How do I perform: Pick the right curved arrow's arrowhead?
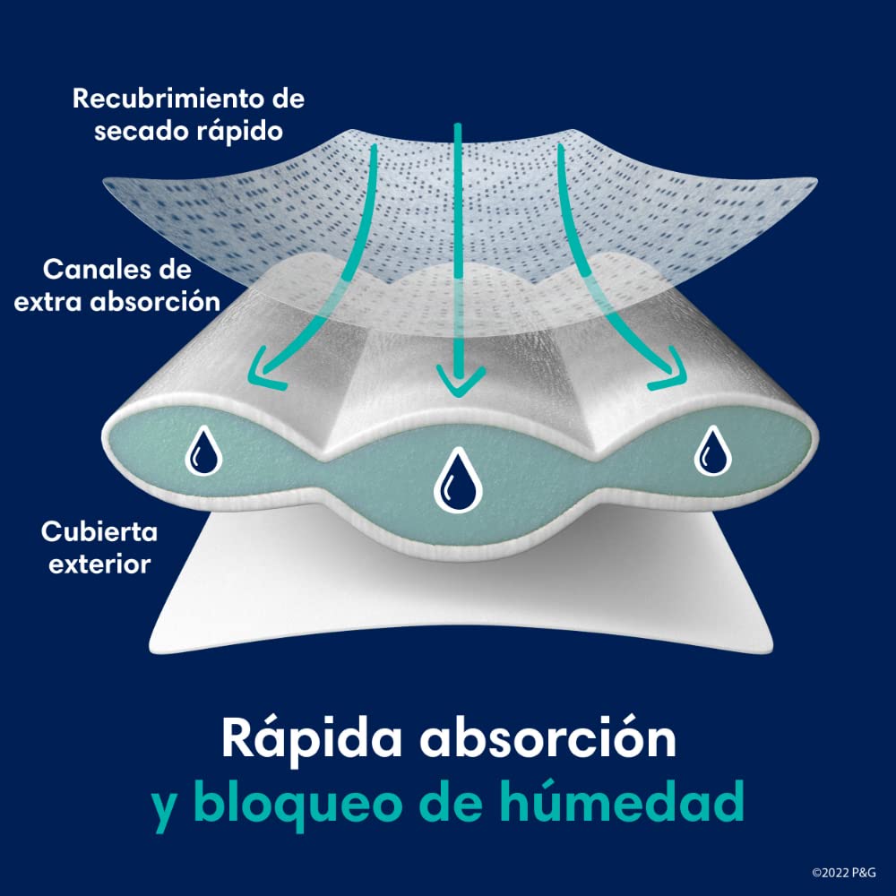coord(670,376)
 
